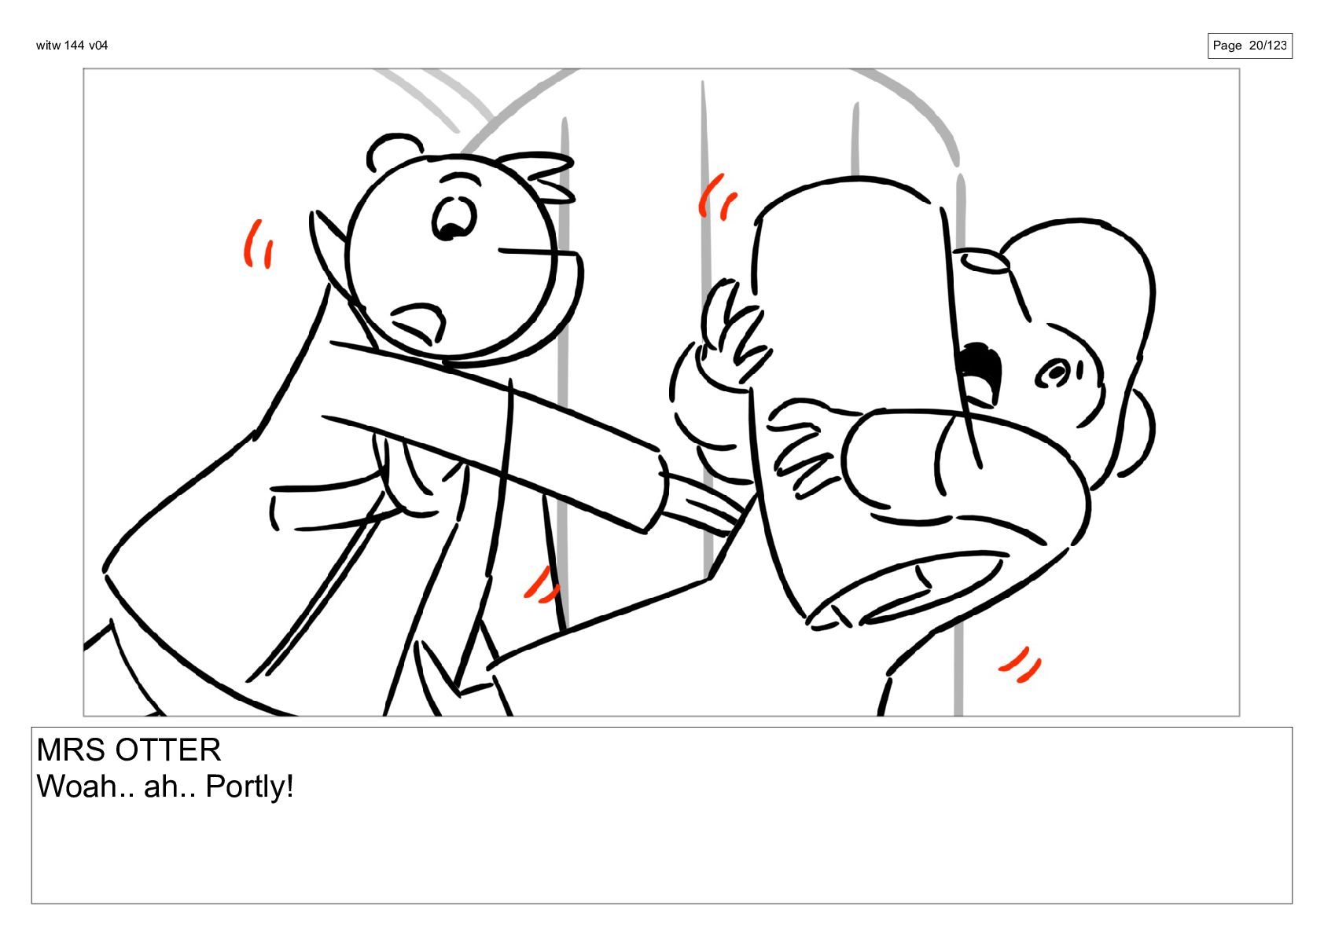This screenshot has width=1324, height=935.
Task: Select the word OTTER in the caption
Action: (168, 750)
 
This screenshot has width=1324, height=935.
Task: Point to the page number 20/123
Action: (1267, 46)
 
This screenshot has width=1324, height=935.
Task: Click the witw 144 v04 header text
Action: (72, 46)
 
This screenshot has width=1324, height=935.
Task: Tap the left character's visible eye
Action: (454, 218)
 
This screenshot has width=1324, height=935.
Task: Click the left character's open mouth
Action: (418, 322)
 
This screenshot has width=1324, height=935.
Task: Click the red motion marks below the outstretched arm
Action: (542, 585)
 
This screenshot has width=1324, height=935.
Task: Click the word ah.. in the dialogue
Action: (170, 786)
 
